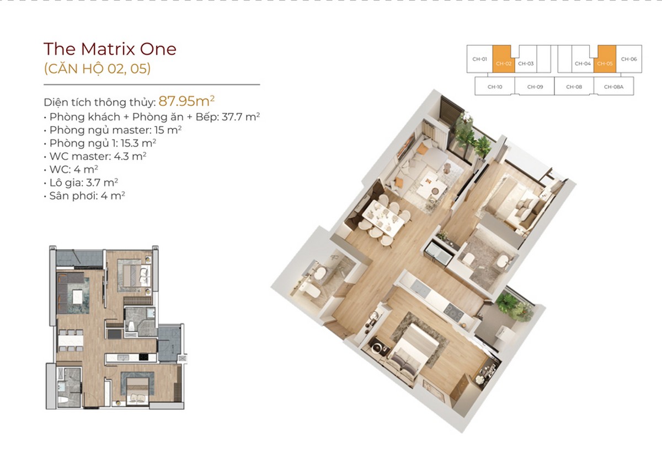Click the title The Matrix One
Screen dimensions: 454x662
click(x=110, y=49)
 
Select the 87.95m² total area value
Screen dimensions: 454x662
click(x=186, y=101)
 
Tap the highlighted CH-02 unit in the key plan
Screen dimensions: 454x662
click(x=504, y=63)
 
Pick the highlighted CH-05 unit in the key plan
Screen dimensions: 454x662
click(x=605, y=63)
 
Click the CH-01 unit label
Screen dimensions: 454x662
click(x=479, y=59)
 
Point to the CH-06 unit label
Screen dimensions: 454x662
click(x=629, y=59)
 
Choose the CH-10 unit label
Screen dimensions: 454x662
click(x=495, y=87)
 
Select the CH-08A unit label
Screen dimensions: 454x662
click(x=613, y=87)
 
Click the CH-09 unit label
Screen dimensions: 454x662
click(x=535, y=87)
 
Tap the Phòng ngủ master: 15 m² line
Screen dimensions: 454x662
click(x=115, y=130)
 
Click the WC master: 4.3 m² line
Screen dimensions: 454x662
click(x=97, y=156)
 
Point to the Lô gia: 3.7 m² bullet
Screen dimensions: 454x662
click(x=83, y=182)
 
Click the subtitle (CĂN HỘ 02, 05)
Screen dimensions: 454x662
click(x=97, y=69)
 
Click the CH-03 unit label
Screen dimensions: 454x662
click(x=526, y=63)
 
